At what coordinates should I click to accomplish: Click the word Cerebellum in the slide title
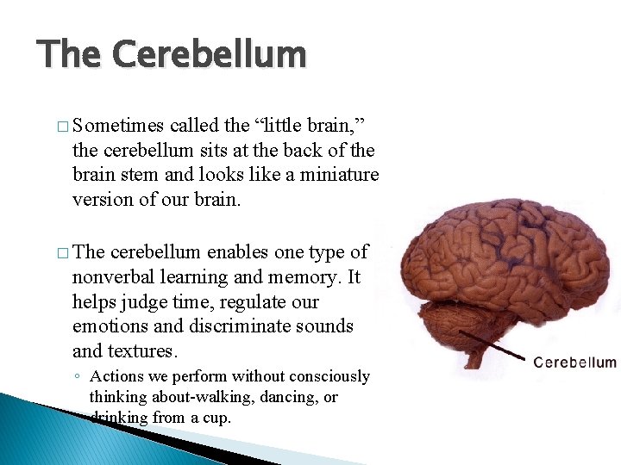point(210,54)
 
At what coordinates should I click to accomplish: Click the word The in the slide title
point(71,54)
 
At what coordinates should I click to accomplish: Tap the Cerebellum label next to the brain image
point(574,362)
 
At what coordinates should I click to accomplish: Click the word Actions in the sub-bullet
point(115,376)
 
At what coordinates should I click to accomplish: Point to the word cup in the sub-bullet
point(218,418)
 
